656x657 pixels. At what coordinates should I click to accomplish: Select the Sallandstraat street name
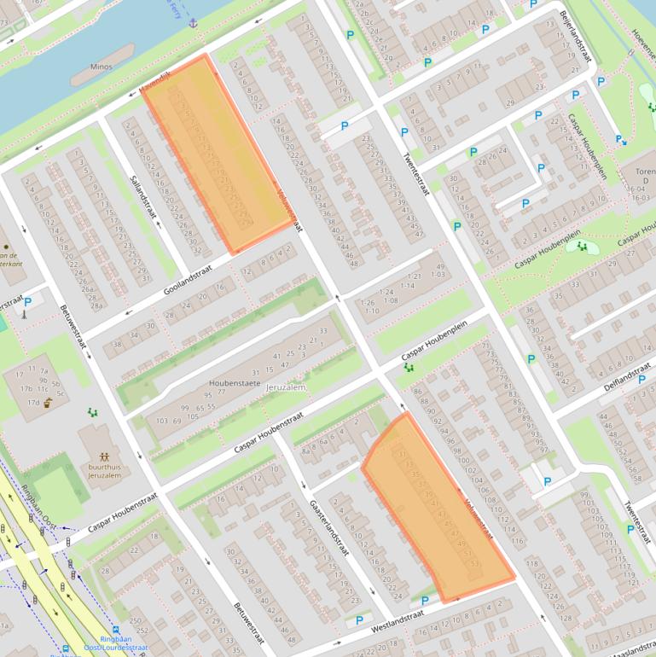(140, 194)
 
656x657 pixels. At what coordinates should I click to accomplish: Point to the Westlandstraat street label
(398, 620)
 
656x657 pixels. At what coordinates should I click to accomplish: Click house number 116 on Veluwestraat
(517, 542)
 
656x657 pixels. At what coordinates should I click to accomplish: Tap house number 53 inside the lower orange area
(475, 564)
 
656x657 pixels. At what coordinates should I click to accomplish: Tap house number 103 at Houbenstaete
(161, 421)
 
